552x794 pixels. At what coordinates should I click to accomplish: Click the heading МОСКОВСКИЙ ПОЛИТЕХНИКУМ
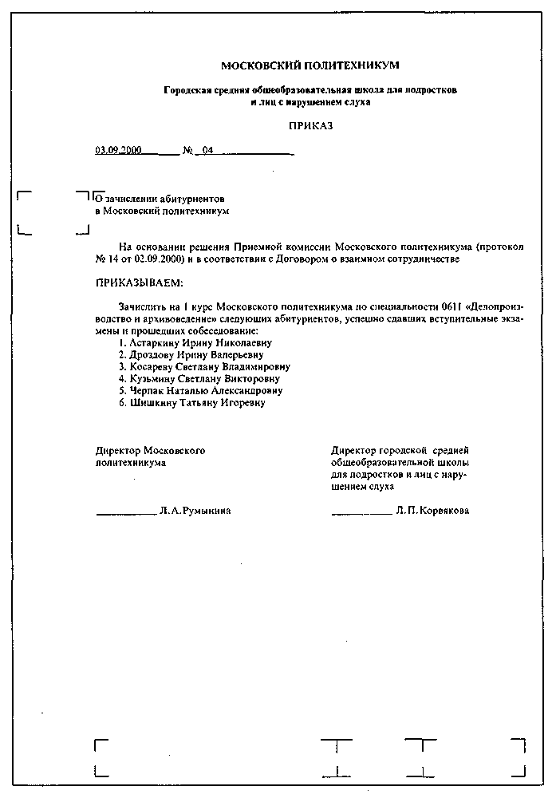point(310,65)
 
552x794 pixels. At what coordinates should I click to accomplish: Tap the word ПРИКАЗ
point(310,126)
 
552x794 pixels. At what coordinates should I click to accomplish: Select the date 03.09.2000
point(118,150)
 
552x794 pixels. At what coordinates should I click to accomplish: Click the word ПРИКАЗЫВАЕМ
point(139,283)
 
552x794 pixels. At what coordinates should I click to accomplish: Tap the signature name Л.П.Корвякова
point(432,511)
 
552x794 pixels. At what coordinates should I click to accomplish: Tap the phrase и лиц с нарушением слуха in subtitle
point(310,102)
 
